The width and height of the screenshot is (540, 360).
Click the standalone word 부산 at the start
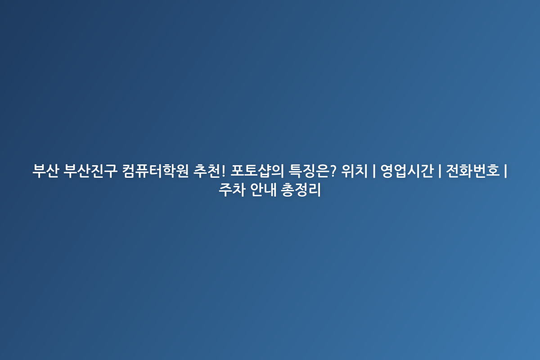(46, 171)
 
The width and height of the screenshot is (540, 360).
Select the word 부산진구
(90, 171)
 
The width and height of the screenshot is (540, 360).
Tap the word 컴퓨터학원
(155, 171)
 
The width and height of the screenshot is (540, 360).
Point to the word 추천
(207, 171)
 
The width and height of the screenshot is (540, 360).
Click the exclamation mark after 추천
(223, 171)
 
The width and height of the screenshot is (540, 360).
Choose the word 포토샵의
(257, 171)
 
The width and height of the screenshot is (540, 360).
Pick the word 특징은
(308, 171)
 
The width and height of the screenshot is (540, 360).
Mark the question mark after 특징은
(333, 171)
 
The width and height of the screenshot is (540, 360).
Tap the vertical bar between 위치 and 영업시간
(374, 171)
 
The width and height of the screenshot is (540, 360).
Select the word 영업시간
(407, 171)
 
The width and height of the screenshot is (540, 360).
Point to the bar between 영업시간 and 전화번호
(440, 171)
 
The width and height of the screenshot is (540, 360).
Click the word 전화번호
(473, 171)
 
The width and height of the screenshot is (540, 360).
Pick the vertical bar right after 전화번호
(505, 171)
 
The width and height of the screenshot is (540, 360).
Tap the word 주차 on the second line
(232, 190)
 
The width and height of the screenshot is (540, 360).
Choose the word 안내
(263, 190)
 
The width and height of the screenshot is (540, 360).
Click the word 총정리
(301, 190)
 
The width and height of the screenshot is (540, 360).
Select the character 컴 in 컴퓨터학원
(129, 171)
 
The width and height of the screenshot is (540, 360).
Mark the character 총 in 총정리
(288, 190)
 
